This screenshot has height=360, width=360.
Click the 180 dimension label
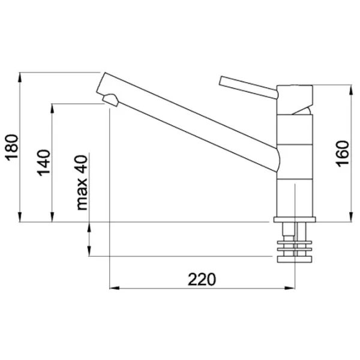[x=11, y=148]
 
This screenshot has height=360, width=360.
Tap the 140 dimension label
[x=44, y=163]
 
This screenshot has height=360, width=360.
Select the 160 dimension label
[x=342, y=154]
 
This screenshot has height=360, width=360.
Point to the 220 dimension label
[x=202, y=279]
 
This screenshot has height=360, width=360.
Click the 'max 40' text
[x=82, y=183]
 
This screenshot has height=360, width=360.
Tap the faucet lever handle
[x=249, y=87]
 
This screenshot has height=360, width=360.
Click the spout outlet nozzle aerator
[x=110, y=100]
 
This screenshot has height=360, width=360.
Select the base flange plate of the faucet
[x=295, y=220]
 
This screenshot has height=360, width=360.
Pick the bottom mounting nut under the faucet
[x=295, y=259]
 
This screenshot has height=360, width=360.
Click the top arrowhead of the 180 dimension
[x=20, y=77]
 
